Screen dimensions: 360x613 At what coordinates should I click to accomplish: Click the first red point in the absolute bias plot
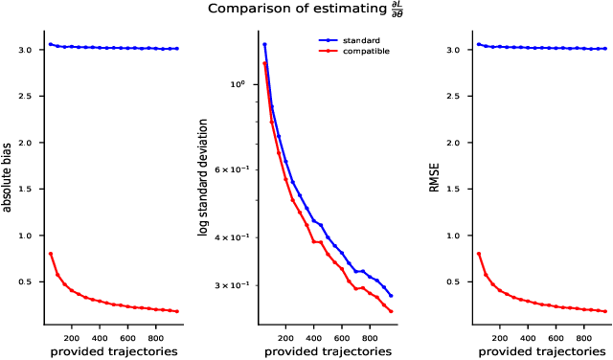coord(50,254)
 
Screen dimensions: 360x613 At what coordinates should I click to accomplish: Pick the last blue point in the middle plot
coord(391,296)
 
